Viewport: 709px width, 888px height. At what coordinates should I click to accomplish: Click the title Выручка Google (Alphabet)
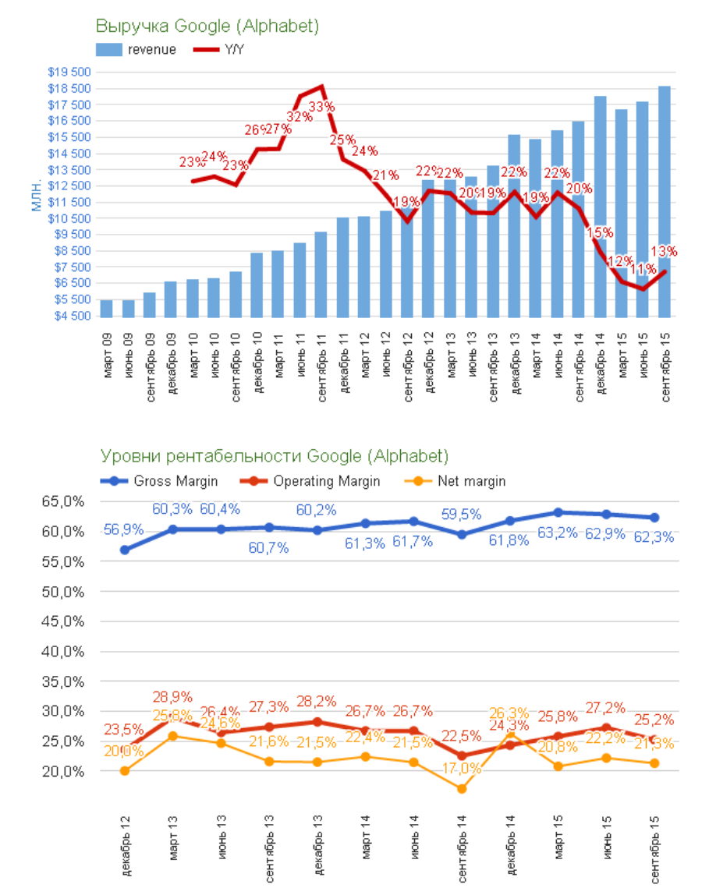point(207,26)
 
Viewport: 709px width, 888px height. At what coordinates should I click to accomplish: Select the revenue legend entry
point(137,50)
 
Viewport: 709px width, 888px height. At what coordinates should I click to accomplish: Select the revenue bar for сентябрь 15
point(665,202)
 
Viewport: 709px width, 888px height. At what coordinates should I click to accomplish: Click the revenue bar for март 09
point(107,309)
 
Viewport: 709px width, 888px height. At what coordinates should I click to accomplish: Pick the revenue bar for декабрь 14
point(601,207)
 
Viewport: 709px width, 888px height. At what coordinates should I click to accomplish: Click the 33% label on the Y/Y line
point(321,107)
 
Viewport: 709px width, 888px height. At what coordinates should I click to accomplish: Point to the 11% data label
point(643,269)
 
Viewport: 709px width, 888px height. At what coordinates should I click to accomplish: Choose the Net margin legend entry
point(465,481)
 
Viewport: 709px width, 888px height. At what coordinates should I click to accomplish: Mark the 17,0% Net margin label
point(462,768)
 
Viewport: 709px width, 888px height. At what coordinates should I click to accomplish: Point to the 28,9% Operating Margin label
point(172,696)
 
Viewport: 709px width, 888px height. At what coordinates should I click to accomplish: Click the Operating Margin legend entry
point(316,481)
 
